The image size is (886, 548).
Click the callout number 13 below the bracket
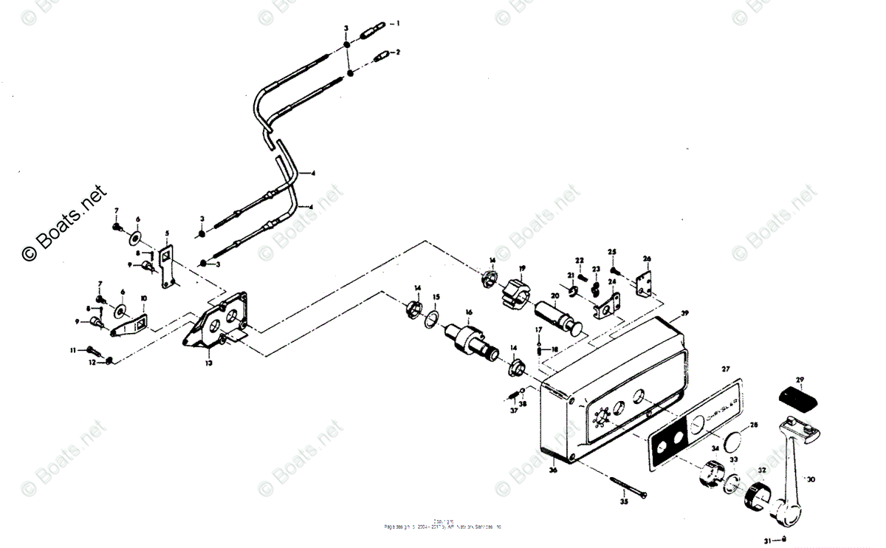[x=209, y=363]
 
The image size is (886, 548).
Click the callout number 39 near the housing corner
[x=684, y=313]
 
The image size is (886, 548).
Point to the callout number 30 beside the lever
[x=811, y=479]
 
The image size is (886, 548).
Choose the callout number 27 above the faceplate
[x=725, y=369]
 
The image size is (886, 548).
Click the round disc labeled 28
[x=732, y=442]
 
